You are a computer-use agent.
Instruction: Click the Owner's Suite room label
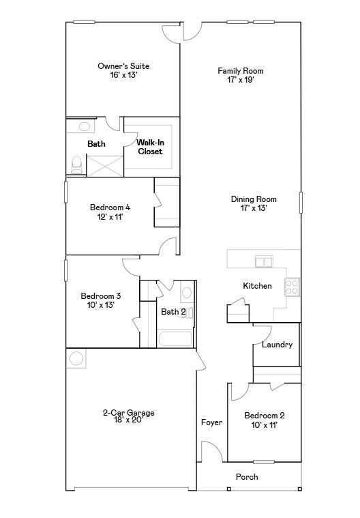(x=123, y=66)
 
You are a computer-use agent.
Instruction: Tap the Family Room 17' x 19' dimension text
(x=241, y=80)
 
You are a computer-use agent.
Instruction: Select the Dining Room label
(x=254, y=199)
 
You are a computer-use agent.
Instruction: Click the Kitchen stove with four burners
(x=292, y=287)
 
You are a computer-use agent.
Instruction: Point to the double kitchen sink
(x=264, y=262)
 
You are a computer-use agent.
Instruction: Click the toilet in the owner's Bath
(x=76, y=165)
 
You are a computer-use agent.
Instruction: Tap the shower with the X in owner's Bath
(x=104, y=166)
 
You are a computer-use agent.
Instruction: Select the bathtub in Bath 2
(x=175, y=339)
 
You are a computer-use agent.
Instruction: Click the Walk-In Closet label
(x=150, y=147)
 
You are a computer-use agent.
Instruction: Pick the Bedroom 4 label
(x=110, y=207)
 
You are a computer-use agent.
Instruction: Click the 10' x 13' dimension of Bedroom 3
(x=101, y=305)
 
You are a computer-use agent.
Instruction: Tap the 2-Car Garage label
(x=128, y=413)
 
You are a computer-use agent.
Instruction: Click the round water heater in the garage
(x=76, y=358)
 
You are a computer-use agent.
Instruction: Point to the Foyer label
(x=211, y=422)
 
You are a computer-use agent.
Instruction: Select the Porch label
(x=247, y=476)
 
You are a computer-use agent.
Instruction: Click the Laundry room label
(x=277, y=345)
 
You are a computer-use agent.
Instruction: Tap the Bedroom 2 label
(x=265, y=416)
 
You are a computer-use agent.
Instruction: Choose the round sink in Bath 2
(x=187, y=293)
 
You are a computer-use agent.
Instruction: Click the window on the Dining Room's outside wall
(x=301, y=202)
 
